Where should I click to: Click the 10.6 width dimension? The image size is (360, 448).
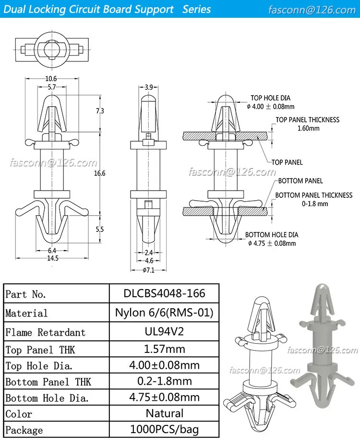[x=51, y=79]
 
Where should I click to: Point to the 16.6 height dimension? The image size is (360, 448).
[x=100, y=173]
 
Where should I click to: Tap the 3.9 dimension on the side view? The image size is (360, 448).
[x=149, y=87]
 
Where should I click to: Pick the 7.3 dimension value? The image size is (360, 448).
[x=100, y=111]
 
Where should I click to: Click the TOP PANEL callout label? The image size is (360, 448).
[x=287, y=162]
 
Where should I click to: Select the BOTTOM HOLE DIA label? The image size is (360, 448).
[x=272, y=235]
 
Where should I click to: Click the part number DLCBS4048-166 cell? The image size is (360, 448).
[x=164, y=293]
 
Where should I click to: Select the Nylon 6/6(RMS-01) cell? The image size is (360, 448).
[x=164, y=313]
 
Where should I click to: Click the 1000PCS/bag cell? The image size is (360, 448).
[x=164, y=429]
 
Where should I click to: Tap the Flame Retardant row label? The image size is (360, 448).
[x=45, y=332]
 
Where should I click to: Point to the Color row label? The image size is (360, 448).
[x=19, y=414]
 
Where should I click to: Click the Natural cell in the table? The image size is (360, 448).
[x=164, y=413]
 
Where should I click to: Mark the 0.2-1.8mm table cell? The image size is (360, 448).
[x=164, y=381]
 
